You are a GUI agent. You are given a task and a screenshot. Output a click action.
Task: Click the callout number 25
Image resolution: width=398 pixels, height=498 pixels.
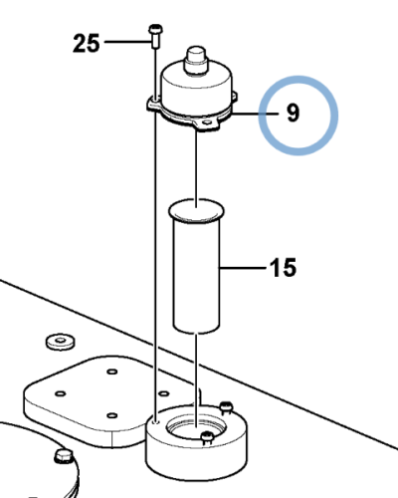click(87, 43)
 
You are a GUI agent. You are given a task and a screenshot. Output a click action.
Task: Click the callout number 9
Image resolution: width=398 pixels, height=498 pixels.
click(293, 113)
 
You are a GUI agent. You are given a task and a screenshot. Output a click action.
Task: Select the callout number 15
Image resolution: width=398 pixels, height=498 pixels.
click(283, 267)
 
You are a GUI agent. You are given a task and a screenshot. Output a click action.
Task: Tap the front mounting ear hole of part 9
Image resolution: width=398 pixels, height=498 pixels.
click(208, 123)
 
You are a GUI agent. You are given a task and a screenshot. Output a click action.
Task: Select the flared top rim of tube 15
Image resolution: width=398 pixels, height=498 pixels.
click(196, 211)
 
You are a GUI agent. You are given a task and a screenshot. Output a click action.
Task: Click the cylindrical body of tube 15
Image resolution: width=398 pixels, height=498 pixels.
click(197, 276)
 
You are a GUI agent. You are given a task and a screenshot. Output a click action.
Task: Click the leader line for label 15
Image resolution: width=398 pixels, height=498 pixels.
click(243, 267)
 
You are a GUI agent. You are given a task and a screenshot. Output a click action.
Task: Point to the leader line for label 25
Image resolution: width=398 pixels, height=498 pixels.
click(127, 42)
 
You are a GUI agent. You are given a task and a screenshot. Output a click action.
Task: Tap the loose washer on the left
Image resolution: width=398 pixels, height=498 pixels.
click(60, 342)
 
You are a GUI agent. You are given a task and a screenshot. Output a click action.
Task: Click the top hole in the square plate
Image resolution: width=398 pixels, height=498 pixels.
click(112, 371)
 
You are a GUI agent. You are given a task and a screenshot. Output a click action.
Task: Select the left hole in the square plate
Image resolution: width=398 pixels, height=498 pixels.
click(61, 393)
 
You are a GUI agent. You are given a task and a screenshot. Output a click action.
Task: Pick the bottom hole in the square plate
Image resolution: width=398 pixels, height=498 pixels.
click(112, 415)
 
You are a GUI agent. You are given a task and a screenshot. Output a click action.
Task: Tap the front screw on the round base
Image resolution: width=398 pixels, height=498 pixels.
click(207, 437)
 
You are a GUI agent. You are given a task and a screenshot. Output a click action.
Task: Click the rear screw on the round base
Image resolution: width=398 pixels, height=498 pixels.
click(226, 407)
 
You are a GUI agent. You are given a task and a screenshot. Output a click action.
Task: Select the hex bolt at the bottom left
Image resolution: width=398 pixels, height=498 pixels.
click(63, 455)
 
